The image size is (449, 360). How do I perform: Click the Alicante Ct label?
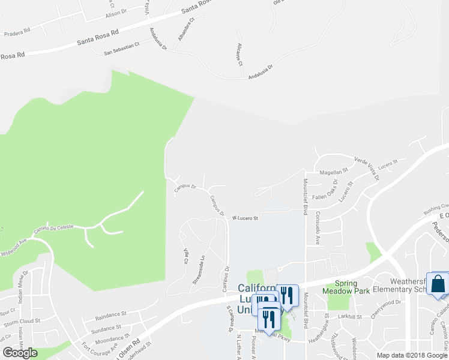click(239, 55)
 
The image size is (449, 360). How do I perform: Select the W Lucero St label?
click(245, 218)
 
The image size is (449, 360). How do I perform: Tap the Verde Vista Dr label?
click(367, 169)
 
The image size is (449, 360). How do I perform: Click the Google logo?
click(20, 353)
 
